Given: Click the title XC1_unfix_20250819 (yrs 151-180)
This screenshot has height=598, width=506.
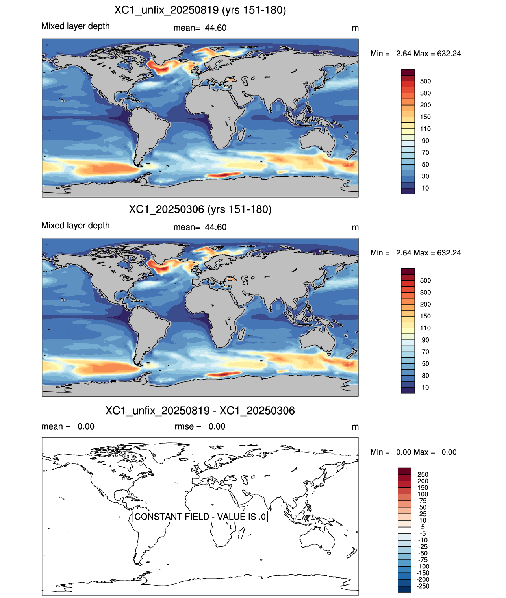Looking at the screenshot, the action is click(200, 10).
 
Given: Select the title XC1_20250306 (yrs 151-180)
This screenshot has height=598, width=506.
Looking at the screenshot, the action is click(200, 209).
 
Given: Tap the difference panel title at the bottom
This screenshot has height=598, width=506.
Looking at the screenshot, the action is click(200, 411).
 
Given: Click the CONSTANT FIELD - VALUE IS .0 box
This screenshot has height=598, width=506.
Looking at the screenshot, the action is click(200, 517).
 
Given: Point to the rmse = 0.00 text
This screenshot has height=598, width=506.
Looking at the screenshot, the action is click(200, 426).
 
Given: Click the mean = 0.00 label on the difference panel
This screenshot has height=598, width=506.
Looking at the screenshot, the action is click(68, 426).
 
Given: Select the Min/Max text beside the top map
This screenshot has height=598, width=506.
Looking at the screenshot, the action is click(415, 54).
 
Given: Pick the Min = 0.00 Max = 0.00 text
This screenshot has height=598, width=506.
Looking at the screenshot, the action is click(413, 452).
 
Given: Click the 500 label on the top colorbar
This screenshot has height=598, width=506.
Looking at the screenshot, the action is click(425, 81).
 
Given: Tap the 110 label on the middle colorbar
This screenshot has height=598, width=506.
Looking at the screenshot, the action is click(425, 328).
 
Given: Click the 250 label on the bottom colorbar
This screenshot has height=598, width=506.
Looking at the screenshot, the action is click(423, 474).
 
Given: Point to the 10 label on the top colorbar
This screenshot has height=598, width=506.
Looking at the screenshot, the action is click(425, 188).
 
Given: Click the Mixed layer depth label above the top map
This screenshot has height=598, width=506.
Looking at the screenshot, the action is click(76, 26).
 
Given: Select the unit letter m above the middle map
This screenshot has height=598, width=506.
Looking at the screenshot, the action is click(355, 228).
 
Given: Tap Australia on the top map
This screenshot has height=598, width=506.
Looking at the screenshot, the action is click(317, 140).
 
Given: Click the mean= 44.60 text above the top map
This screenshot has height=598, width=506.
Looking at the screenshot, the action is click(200, 28).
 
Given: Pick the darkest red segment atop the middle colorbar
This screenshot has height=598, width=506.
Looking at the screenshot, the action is click(408, 271).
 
